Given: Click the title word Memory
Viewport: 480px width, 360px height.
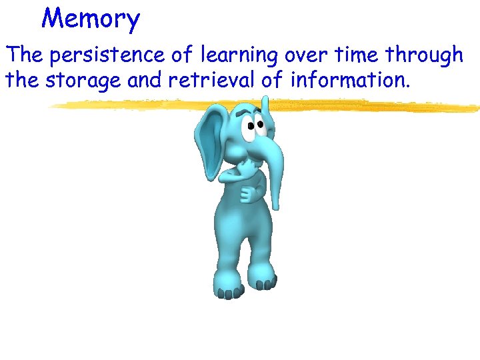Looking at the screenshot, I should point(91,19).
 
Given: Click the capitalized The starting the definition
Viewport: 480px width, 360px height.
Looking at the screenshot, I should point(24,55).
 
